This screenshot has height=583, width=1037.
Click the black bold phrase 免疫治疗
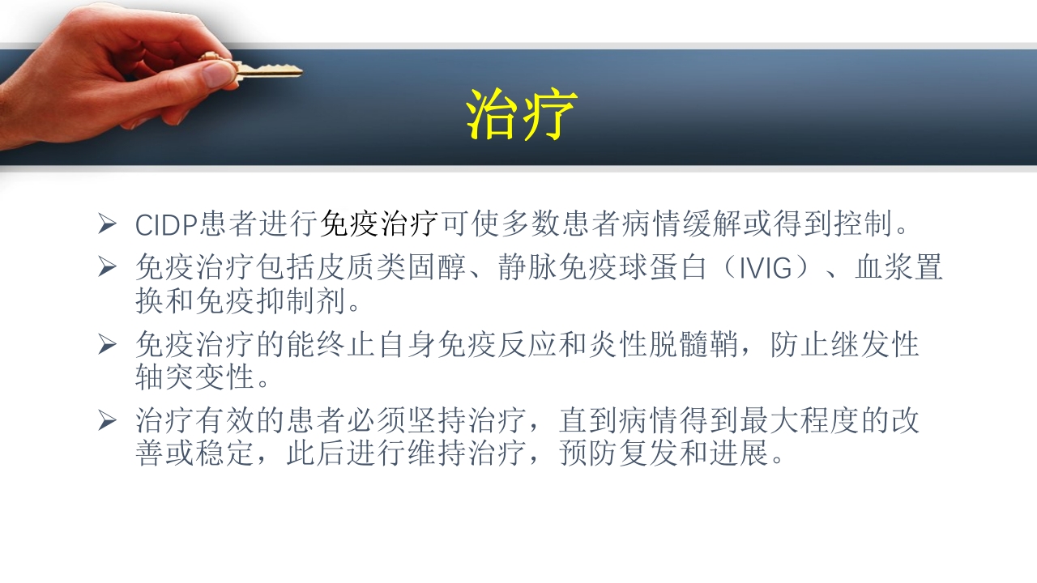tap(380, 223)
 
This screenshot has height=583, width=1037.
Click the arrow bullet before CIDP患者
tap(108, 223)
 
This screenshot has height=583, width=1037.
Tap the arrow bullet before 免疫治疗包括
tap(108, 267)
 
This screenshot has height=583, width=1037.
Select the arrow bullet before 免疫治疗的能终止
tap(108, 344)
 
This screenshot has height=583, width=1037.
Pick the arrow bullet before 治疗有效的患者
tap(108, 420)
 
